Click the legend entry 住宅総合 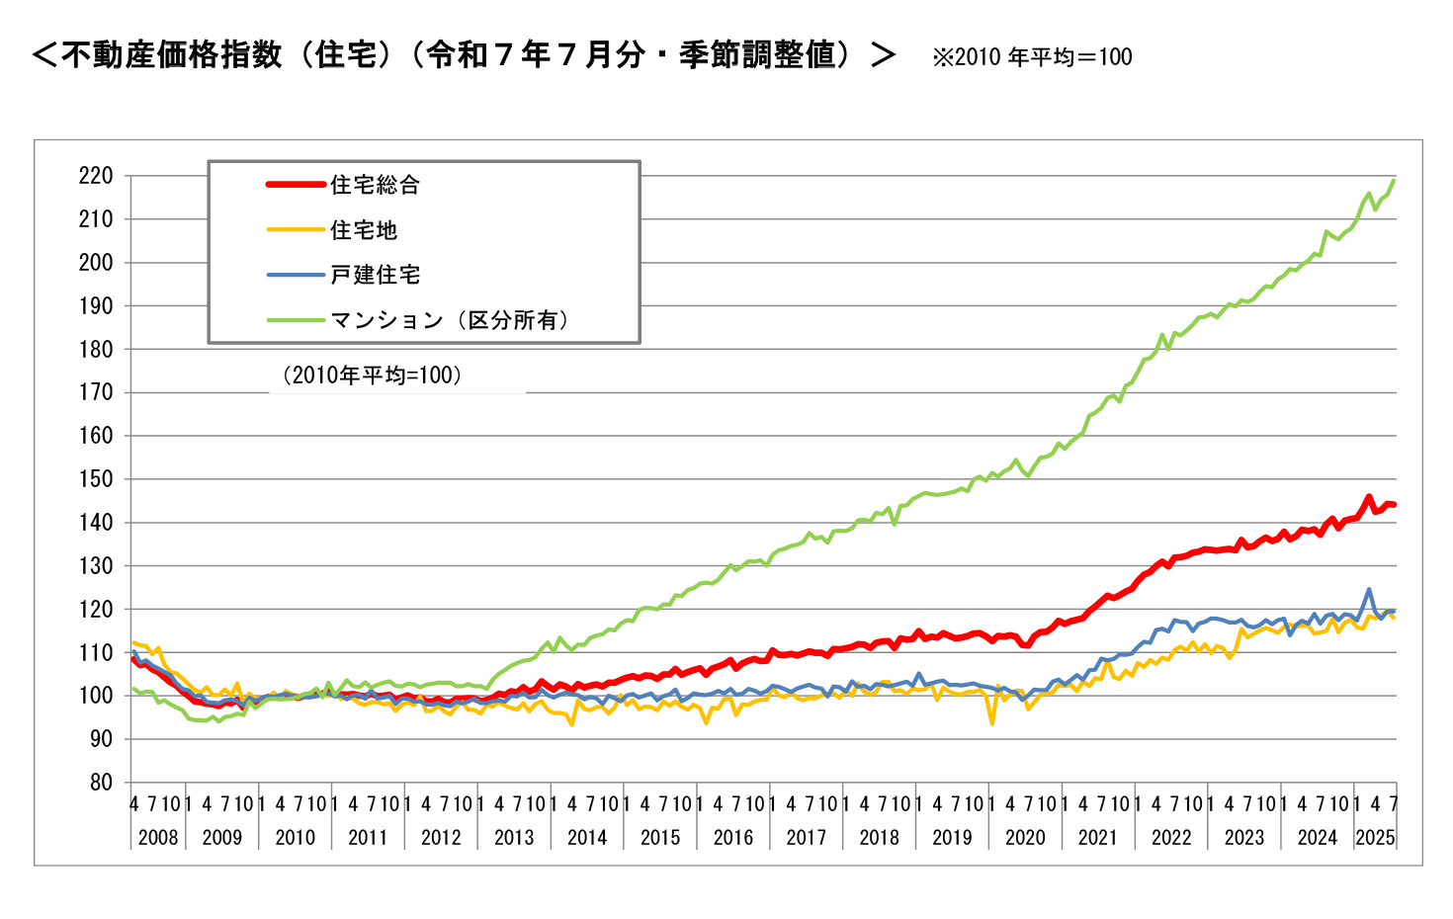375,185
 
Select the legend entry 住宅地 363,230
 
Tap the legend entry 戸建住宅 375,275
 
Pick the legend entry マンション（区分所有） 450,320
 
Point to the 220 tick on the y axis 96,176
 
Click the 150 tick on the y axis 96,479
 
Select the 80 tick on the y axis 101,783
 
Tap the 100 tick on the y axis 96,696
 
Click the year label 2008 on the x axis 158,838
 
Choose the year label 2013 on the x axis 514,838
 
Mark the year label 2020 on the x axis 1025,838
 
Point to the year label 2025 1375,838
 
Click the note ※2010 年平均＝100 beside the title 1032,57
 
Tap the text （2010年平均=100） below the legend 372,376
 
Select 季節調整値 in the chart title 756,54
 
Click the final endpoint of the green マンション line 1394,180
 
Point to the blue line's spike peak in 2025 1369,590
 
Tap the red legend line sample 296,185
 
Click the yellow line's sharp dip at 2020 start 992,723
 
